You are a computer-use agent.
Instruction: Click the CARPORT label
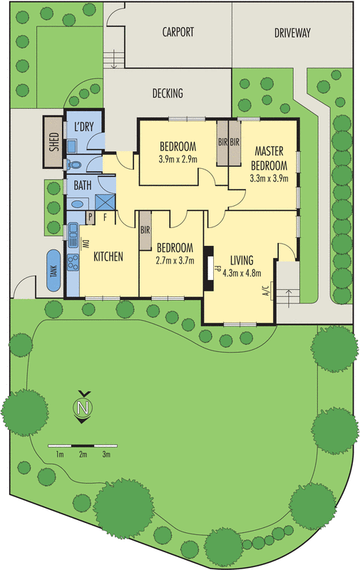coord(178,32)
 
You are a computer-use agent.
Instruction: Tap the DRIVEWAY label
coord(292,32)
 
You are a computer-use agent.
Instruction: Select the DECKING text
coord(168,93)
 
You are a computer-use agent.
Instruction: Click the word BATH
coord(83,186)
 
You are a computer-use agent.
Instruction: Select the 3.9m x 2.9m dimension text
coord(178,159)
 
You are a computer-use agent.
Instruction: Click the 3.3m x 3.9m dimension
coord(269,179)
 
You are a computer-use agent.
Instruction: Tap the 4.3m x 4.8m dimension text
coord(242,272)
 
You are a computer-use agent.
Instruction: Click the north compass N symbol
coord(83,408)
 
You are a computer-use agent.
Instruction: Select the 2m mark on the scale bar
coord(83,454)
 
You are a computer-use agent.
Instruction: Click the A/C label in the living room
coord(265,289)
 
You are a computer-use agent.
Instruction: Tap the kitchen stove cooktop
coord(73,262)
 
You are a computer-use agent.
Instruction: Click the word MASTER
coord(269,152)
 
